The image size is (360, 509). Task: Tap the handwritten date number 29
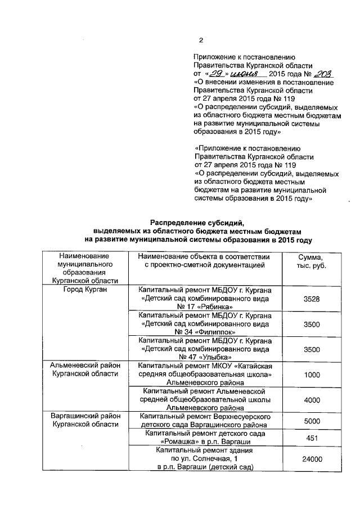(x=216, y=74)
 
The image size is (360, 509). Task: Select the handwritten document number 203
(x=323, y=74)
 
